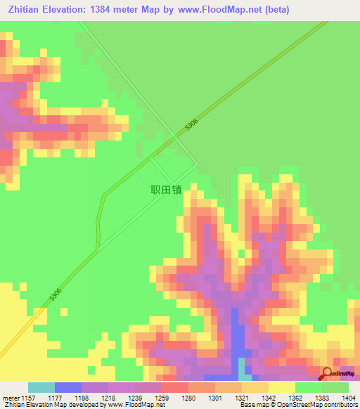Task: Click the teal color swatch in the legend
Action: point(41,387)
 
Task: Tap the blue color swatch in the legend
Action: point(68,387)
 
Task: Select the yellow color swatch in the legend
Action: point(281,387)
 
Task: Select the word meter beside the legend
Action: point(10,398)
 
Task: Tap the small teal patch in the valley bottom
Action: point(242,367)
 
